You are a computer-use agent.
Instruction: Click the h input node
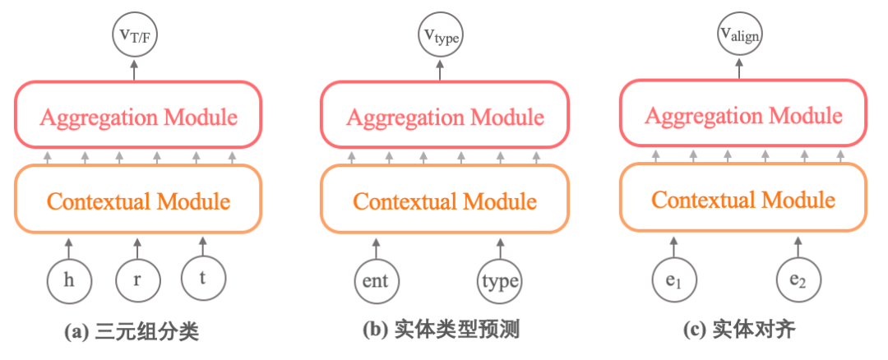point(69,280)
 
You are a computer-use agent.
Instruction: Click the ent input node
point(377,280)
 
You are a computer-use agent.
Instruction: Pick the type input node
point(500,281)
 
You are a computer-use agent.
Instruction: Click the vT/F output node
point(135,36)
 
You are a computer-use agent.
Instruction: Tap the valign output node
point(739,35)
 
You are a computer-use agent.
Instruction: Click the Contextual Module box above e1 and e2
point(743,199)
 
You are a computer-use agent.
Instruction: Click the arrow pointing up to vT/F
point(135,70)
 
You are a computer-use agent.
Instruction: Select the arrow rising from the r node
point(136,247)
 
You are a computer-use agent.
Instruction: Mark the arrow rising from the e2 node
point(798,247)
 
